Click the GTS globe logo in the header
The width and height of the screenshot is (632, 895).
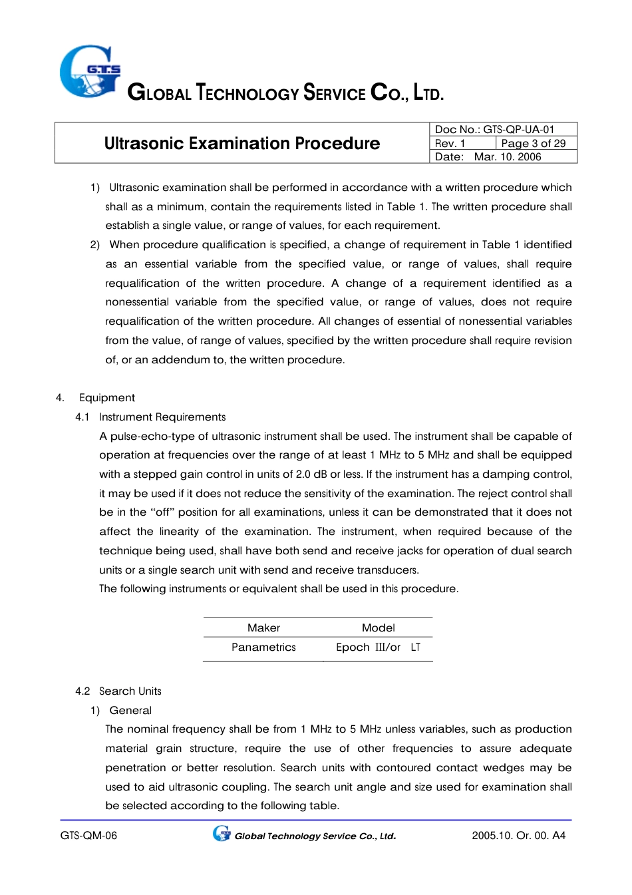tap(90, 71)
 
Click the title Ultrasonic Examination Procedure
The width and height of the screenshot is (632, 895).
tap(241, 143)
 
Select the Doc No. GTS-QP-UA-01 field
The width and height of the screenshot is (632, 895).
tap(494, 129)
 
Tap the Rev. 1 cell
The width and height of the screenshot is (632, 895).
tap(450, 143)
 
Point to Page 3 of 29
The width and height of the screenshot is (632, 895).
tap(533, 143)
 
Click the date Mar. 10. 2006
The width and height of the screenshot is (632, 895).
tap(507, 157)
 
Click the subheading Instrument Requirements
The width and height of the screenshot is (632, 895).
tap(162, 417)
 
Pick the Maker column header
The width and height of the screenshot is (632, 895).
tap(263, 627)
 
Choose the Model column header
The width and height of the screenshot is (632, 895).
tap(378, 627)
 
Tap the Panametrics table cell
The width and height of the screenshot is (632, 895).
tap(263, 647)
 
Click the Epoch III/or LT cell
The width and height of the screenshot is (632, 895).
tap(377, 647)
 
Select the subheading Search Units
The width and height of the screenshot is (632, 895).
tap(130, 691)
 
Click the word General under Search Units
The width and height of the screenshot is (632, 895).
tap(130, 711)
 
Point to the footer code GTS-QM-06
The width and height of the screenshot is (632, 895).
tap(88, 836)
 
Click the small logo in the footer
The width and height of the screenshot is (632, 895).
tap(222, 834)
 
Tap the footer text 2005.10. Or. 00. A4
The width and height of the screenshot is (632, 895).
tap(518, 836)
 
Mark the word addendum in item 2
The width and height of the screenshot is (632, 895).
tap(180, 360)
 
